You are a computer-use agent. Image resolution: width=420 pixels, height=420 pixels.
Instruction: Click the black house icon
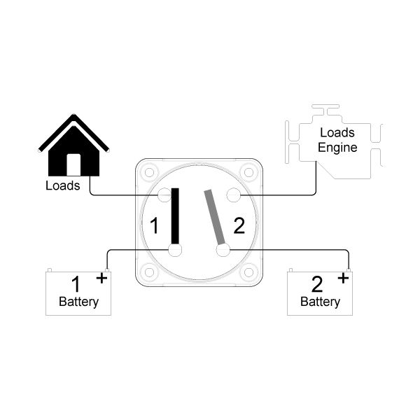tap(73, 150)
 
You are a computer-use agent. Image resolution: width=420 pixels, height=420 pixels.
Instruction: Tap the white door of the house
tap(73, 164)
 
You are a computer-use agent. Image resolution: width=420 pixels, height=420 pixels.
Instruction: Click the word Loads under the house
tap(63, 185)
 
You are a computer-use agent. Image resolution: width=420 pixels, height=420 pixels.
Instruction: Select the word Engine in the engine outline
tap(337, 148)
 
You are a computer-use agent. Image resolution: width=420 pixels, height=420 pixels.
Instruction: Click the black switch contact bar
tap(175, 216)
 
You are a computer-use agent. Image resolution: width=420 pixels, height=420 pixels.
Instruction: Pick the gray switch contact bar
tap(215, 217)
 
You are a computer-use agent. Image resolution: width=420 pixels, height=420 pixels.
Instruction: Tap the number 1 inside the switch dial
tap(154, 225)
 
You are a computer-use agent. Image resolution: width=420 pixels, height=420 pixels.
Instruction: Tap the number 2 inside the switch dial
tap(239, 225)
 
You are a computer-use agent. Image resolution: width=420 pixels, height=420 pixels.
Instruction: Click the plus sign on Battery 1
tap(101, 278)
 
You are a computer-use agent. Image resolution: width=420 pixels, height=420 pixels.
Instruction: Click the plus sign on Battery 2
tap(343, 278)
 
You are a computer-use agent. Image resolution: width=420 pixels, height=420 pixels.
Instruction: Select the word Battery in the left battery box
tap(78, 302)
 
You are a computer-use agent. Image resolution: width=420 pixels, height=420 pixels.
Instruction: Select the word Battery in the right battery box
tap(321, 302)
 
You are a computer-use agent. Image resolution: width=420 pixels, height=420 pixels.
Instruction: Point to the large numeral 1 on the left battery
tap(76, 284)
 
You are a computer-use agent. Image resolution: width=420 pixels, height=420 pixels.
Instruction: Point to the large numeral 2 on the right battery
tap(317, 284)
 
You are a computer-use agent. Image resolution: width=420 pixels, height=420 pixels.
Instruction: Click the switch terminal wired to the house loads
tap(164, 195)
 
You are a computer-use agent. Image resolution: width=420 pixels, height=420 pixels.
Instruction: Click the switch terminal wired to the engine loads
tap(234, 195)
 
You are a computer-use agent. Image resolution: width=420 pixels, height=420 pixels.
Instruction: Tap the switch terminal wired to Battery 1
tap(175, 250)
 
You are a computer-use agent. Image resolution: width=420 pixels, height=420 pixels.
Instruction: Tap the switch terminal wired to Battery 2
tap(223, 251)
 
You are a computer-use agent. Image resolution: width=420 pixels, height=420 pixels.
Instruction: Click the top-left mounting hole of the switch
tap(149, 172)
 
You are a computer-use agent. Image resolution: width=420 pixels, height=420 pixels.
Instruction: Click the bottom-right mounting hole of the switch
tap(248, 272)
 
